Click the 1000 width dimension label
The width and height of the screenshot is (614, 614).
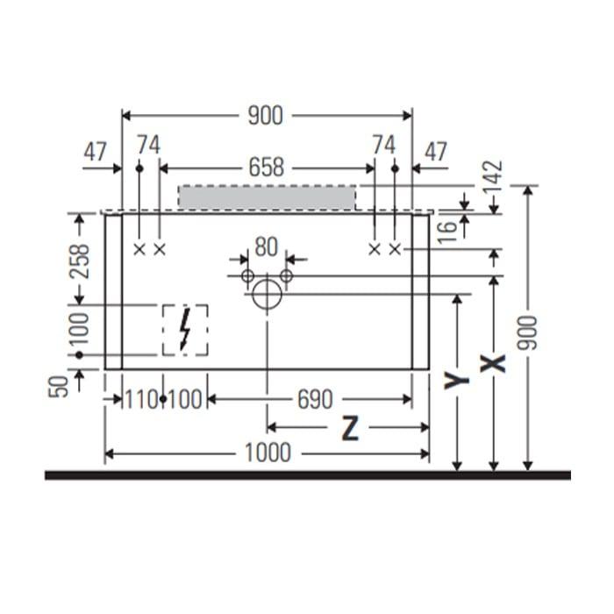click(268, 453)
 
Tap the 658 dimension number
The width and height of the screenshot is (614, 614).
click(267, 168)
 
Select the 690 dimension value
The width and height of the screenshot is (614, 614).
click(315, 400)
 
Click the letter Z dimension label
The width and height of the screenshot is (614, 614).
click(350, 428)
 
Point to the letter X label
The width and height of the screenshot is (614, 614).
click(493, 363)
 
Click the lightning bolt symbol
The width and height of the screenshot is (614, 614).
click(185, 329)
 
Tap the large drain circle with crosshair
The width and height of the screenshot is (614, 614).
click(267, 295)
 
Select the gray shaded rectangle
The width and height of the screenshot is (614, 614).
click(267, 197)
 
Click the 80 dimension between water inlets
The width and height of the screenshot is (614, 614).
click(267, 247)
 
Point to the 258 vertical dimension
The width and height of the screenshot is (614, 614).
click(80, 261)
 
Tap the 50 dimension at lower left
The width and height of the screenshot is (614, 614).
click(59, 387)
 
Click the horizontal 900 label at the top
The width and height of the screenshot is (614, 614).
click(266, 116)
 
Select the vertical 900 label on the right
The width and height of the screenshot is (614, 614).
click(527, 333)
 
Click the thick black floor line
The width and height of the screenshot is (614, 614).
click(308, 475)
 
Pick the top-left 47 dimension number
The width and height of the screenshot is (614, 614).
click(95, 152)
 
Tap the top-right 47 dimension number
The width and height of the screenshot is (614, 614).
click(436, 152)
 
